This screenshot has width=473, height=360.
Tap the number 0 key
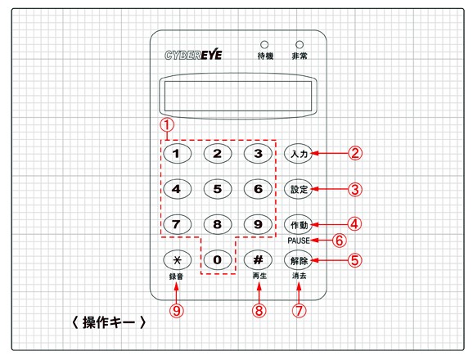coord(218,260)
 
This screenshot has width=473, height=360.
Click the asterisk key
coord(177,260)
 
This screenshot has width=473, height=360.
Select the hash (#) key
coord(258,260)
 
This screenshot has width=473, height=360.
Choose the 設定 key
coord(299,189)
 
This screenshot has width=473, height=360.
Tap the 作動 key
coord(299,225)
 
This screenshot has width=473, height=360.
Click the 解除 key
coord(299,260)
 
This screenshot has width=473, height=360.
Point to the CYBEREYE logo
coord(193,55)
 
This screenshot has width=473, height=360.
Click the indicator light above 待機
coord(264,45)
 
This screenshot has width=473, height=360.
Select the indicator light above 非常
coord(300,45)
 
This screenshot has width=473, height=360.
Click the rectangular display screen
coord(238,96)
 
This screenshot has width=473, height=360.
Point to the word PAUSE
coord(299,241)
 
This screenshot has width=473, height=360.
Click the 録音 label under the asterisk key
coord(176,277)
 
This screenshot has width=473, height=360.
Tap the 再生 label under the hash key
coord(259,276)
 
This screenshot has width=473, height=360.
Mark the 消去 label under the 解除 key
coord(299,276)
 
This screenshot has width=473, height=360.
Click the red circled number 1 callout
coord(167,125)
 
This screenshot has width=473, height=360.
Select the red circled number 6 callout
coord(340,241)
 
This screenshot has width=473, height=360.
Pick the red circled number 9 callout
coord(177,310)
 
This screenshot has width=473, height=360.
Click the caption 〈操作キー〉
coord(109,322)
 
